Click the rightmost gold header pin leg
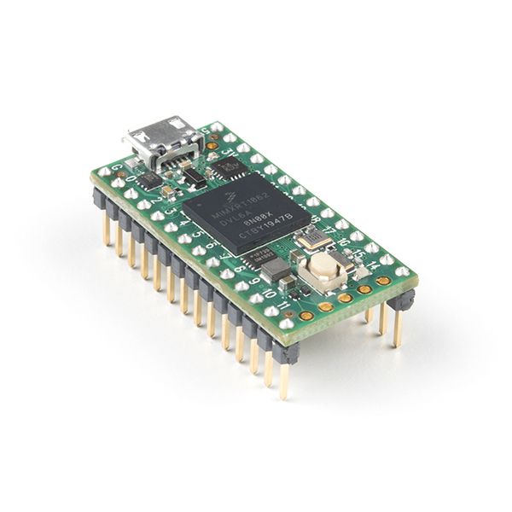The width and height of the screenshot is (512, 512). point(397,329)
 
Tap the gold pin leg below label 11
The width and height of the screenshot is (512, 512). point(283,381)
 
